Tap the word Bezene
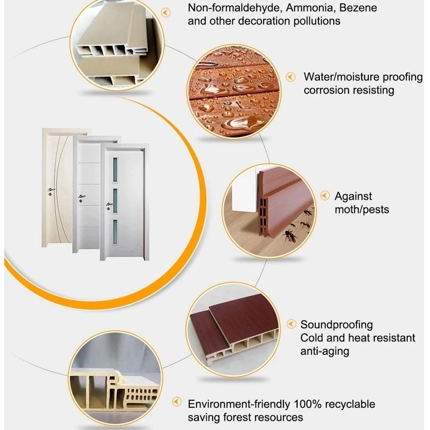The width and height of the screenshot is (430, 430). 358,7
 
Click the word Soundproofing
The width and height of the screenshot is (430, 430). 336,325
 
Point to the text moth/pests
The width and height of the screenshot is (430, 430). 362,210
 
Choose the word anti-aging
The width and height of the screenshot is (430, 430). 325,351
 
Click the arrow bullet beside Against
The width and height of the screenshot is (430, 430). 325,196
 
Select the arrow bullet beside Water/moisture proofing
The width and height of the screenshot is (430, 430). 291,77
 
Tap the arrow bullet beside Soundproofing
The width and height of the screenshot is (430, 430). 291,324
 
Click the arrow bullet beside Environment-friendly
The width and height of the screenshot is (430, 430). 177,402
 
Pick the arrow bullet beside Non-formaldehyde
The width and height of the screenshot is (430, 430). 165,12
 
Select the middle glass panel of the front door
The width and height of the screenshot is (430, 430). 115,200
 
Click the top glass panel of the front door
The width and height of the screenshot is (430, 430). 115,170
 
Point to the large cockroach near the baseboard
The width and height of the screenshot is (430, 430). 289,236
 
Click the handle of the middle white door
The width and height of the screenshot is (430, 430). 81,197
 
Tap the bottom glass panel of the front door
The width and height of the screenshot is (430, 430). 115,232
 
